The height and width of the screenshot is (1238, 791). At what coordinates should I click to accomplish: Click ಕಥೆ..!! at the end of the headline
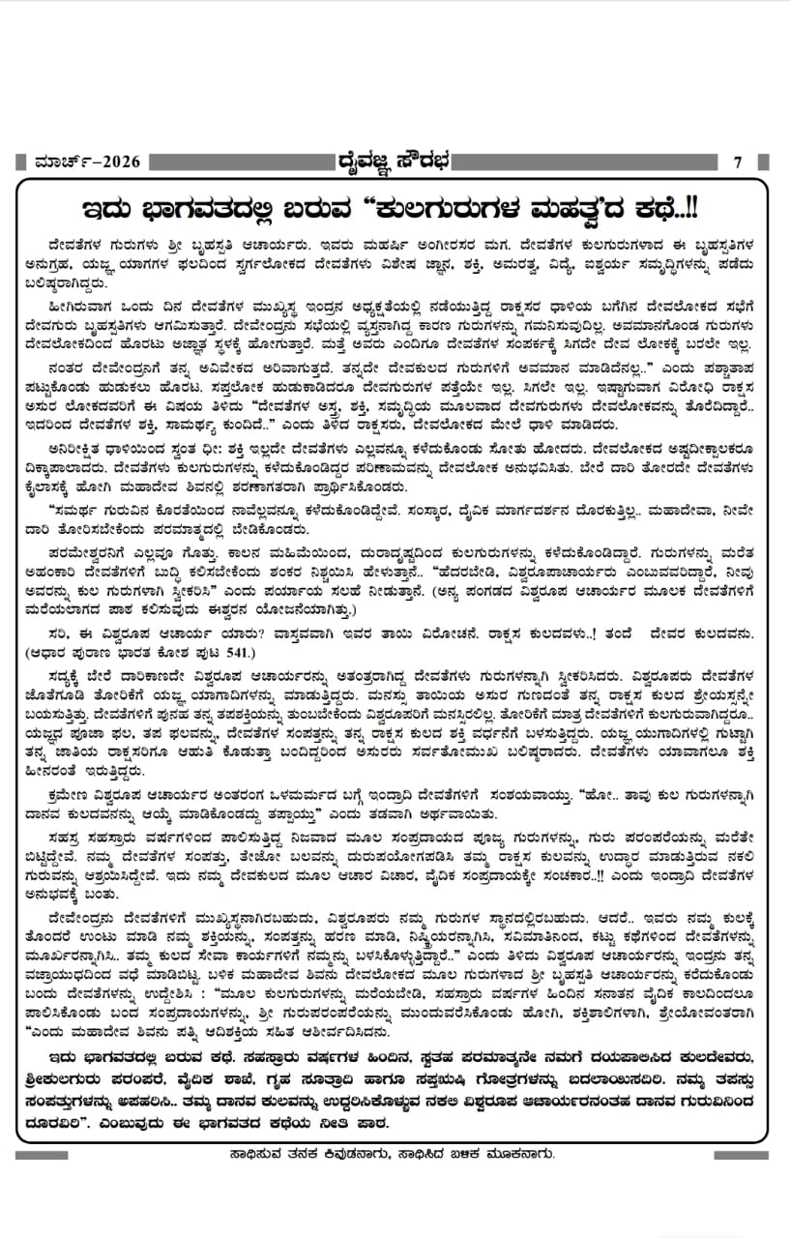click(669, 210)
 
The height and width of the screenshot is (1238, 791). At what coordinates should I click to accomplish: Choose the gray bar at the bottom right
click(745, 1155)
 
